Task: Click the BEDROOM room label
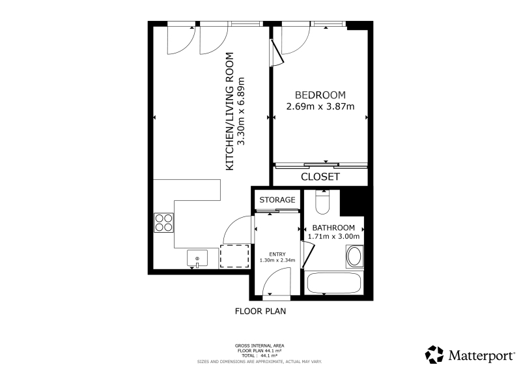click(x=320, y=95)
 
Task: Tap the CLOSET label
click(x=320, y=177)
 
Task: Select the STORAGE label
click(x=277, y=200)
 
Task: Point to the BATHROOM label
click(x=333, y=228)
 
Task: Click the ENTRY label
click(x=277, y=254)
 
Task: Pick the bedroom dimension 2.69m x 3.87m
click(x=320, y=106)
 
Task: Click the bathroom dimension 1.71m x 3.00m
click(x=333, y=237)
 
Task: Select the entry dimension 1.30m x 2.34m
click(x=277, y=260)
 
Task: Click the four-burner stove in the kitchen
click(x=164, y=222)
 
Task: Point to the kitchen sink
click(x=197, y=258)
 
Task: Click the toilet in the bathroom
click(x=322, y=202)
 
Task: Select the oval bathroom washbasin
click(x=354, y=256)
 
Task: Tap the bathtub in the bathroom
click(x=334, y=283)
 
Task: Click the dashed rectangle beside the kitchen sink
click(x=234, y=256)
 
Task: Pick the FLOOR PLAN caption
click(x=260, y=312)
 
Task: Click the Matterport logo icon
click(x=434, y=355)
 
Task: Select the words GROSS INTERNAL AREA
click(x=259, y=346)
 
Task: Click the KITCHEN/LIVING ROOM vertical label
click(x=230, y=111)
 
